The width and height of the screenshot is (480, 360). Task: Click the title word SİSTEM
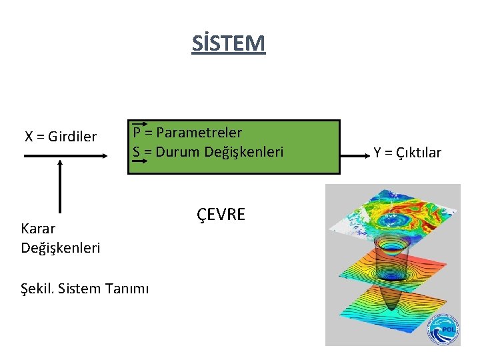(228, 43)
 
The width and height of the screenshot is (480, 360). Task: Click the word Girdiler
(73, 137)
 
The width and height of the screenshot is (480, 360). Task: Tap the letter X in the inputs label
(29, 137)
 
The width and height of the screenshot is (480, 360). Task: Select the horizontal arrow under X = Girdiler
(65, 155)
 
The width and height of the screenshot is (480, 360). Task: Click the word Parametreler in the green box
(199, 133)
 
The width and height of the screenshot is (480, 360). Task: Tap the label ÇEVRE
(221, 215)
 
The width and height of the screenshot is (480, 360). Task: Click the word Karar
(38, 229)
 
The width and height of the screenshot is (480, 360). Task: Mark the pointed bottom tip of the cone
(393, 312)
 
